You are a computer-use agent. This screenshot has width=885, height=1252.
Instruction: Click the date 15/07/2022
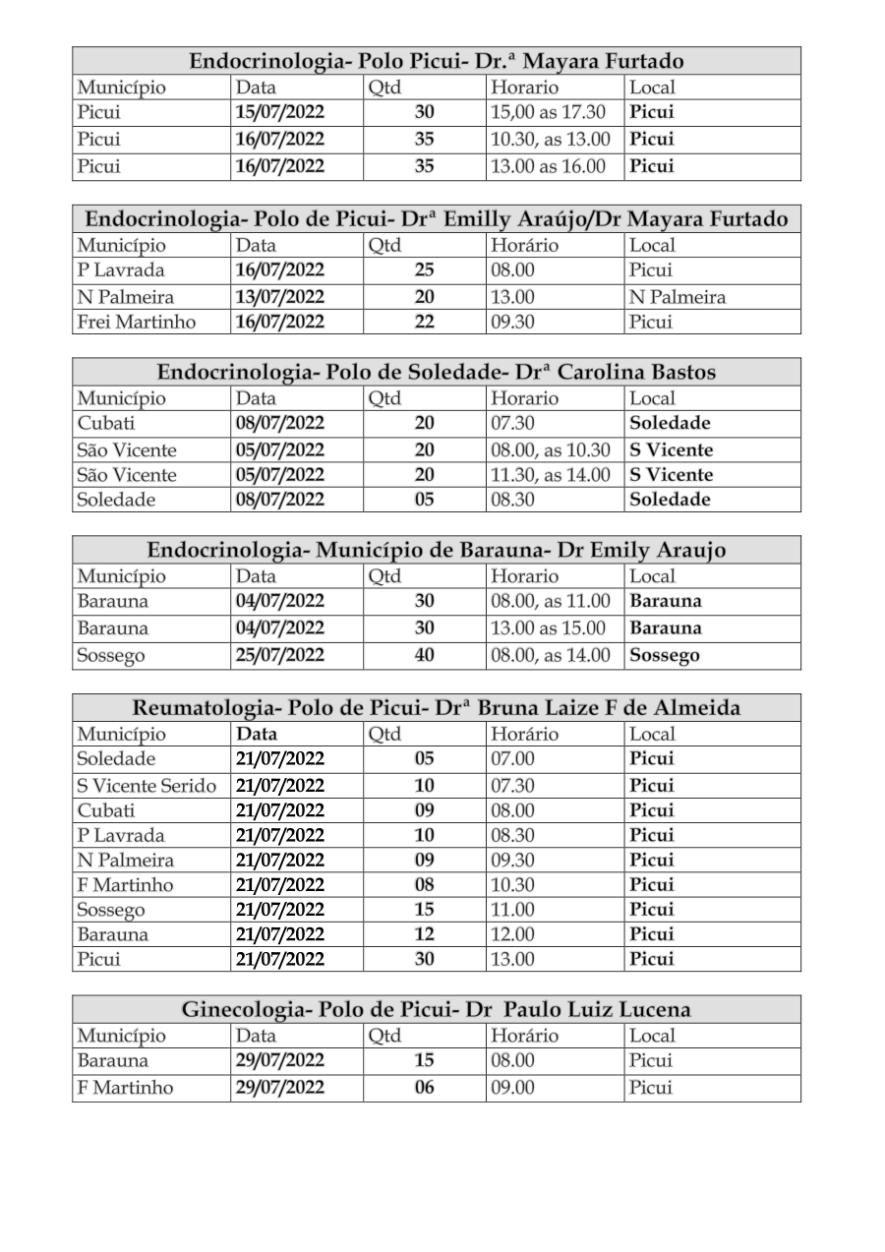[280, 112]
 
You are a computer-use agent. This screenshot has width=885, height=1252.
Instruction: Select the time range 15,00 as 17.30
[549, 112]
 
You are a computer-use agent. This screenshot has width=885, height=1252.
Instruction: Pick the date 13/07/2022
[280, 296]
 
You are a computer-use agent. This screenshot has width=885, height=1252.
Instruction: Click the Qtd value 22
[424, 322]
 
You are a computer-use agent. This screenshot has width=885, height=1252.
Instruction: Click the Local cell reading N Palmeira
[677, 296]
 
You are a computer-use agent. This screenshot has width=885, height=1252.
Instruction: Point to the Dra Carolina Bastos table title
[437, 372]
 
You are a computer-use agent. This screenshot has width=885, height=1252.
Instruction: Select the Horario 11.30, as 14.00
[551, 474]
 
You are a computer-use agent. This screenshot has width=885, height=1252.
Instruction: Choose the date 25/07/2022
[280, 654]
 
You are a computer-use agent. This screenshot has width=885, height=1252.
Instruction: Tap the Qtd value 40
[424, 654]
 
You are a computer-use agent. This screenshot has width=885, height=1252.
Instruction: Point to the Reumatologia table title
[437, 707]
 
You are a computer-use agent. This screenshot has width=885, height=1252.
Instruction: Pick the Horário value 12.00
[512, 933]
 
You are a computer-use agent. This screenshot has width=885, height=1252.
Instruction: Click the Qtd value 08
[424, 884]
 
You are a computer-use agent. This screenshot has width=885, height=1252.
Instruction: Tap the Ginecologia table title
[437, 1009]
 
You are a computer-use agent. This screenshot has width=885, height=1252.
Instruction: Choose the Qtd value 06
[424, 1088]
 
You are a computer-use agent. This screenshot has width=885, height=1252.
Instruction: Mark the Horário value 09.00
[512, 1088]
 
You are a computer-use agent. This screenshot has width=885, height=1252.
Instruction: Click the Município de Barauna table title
[437, 550]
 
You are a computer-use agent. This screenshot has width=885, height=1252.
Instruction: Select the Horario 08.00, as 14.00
[551, 654]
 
